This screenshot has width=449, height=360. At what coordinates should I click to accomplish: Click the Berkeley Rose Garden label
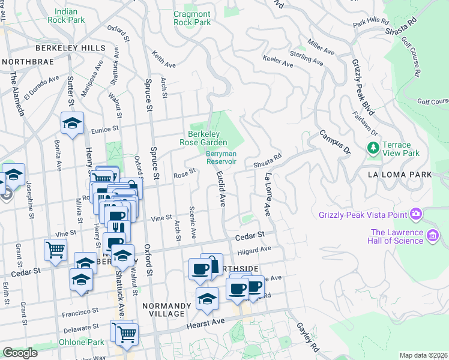[x=208, y=138]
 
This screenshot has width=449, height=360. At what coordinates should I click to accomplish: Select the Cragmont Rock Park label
[x=192, y=18]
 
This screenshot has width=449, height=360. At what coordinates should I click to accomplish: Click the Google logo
[x=20, y=353]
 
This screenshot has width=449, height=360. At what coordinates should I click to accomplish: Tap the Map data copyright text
[x=423, y=355]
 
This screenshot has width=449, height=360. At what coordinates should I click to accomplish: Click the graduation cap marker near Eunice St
[x=72, y=124]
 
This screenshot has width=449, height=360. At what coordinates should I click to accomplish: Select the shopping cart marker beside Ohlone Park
[x=127, y=334]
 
